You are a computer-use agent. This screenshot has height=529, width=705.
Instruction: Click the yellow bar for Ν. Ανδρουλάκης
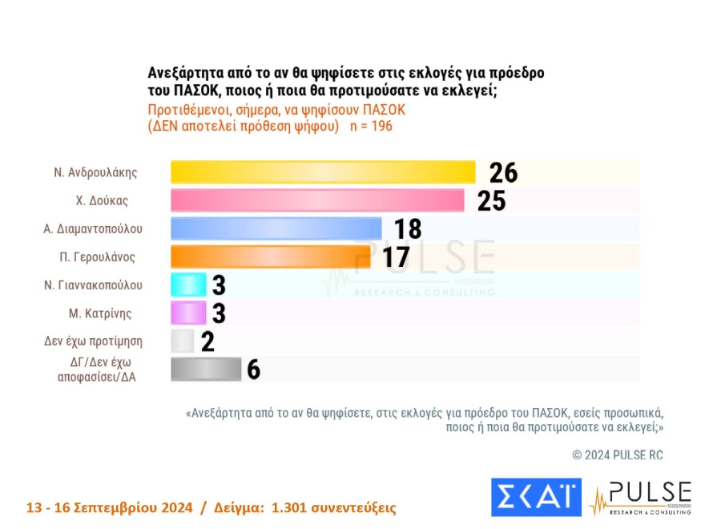point(323,172)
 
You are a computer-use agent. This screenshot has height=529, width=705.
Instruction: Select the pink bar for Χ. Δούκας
point(317,200)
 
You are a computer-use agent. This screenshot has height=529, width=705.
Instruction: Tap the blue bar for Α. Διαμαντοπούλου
point(276,228)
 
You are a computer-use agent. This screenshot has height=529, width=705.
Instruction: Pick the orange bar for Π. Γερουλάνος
point(270,256)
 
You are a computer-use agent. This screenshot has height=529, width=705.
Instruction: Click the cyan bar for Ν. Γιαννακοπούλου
point(189,285)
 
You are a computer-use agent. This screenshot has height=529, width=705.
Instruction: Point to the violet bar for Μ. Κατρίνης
point(189,313)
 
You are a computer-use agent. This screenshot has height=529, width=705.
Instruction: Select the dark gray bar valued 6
point(206,369)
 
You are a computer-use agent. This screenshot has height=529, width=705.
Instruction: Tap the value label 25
point(491,200)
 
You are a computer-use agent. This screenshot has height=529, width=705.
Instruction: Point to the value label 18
point(407,229)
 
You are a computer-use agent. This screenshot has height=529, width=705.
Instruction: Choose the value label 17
point(396,257)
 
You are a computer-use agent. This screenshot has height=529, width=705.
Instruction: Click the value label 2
point(207,341)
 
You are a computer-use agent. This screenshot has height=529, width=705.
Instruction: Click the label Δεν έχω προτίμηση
point(93,341)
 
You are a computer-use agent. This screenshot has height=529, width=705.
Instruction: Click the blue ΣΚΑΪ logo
point(535,497)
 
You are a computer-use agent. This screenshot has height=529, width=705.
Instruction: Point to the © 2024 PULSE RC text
point(617,454)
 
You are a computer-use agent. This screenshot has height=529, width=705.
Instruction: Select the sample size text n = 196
point(371,127)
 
